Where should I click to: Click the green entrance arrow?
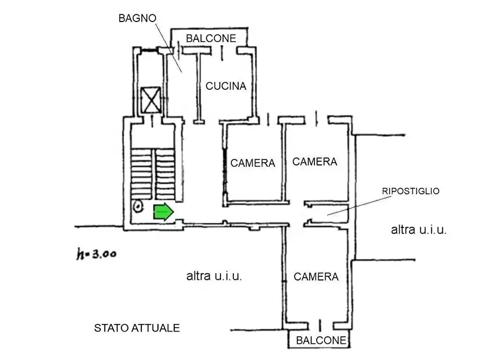tap(163, 212)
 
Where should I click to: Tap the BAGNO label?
tap(137, 18)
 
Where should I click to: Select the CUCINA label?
tap(226, 86)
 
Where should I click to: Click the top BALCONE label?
tap(211, 38)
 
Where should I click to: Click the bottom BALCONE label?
tap(321, 341)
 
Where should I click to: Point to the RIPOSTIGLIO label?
tap(411, 191)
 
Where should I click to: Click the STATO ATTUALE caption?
tap(137, 328)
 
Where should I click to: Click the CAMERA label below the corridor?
tap(316, 277)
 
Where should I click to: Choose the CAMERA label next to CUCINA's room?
tap(253, 163)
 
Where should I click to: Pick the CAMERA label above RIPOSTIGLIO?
tap(315, 161)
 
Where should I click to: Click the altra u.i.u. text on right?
tap(419, 230)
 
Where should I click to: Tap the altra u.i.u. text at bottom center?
tap(214, 277)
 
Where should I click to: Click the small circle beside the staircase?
tap(138, 206)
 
